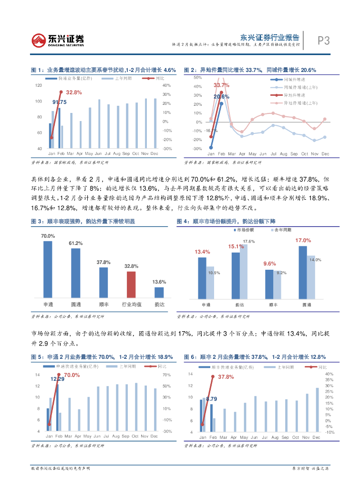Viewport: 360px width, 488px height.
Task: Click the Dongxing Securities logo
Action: (x=57, y=41)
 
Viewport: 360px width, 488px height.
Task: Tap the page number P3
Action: (x=324, y=41)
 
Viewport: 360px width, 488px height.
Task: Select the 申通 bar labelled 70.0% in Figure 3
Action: (x=48, y=269)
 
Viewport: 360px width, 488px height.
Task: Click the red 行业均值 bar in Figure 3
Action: (x=131, y=285)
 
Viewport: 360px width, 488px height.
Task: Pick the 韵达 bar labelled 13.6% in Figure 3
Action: (x=159, y=292)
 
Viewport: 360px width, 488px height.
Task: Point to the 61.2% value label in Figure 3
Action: (x=76, y=244)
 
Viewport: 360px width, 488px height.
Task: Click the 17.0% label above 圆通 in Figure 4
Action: (x=303, y=241)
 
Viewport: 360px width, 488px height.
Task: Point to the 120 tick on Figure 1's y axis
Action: (x=39, y=85)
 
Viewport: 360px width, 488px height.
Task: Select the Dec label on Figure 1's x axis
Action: (x=154, y=153)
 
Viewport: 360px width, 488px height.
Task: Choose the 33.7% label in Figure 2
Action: (x=221, y=85)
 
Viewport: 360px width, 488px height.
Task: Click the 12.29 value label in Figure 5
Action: (x=57, y=378)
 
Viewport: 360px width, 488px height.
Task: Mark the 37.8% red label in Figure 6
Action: (x=226, y=377)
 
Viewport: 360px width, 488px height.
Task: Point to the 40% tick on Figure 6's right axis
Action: (x=329, y=374)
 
